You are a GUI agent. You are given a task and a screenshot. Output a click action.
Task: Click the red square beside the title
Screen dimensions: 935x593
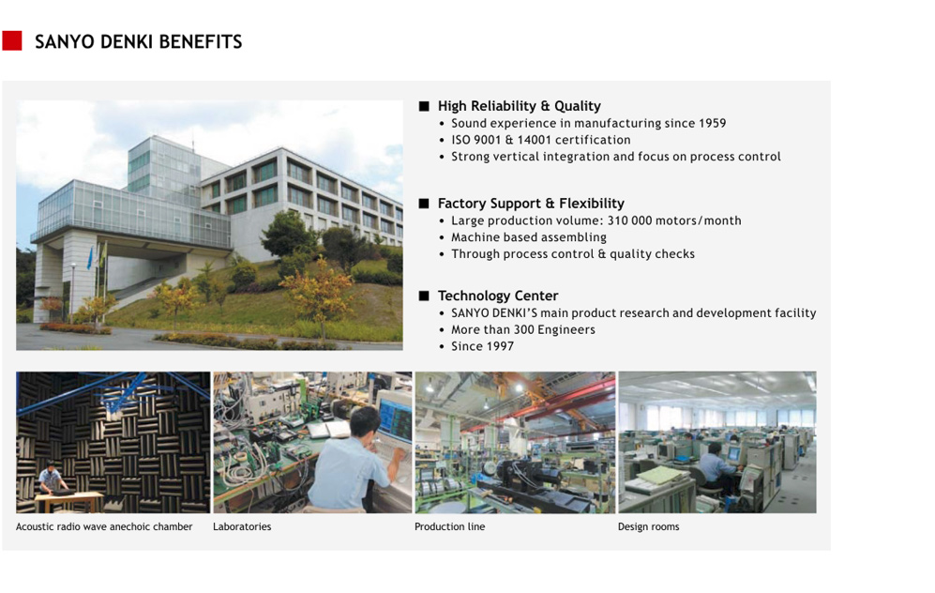pos(12,40)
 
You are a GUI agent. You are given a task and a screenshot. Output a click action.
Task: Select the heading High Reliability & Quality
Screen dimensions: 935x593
pos(520,106)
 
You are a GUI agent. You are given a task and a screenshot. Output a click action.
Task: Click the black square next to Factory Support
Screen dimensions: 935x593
pos(424,204)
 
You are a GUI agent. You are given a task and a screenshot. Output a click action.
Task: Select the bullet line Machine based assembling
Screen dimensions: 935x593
pos(528,237)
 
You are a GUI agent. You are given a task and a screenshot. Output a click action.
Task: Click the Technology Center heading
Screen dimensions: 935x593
pos(498,296)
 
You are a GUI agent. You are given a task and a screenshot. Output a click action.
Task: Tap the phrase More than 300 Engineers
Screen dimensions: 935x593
pos(523,329)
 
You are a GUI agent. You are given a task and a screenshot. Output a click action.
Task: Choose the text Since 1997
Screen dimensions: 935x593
pos(482,346)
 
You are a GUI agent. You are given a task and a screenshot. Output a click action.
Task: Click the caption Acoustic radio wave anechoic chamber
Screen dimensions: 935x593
pos(104,526)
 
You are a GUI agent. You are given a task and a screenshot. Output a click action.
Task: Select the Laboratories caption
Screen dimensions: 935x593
pos(242,526)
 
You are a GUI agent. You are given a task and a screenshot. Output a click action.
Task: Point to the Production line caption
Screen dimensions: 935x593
pos(449,526)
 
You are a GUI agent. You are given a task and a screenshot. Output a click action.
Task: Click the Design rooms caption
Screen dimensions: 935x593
pos(648,526)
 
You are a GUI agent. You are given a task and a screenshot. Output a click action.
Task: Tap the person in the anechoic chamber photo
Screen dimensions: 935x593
pos(52,479)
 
